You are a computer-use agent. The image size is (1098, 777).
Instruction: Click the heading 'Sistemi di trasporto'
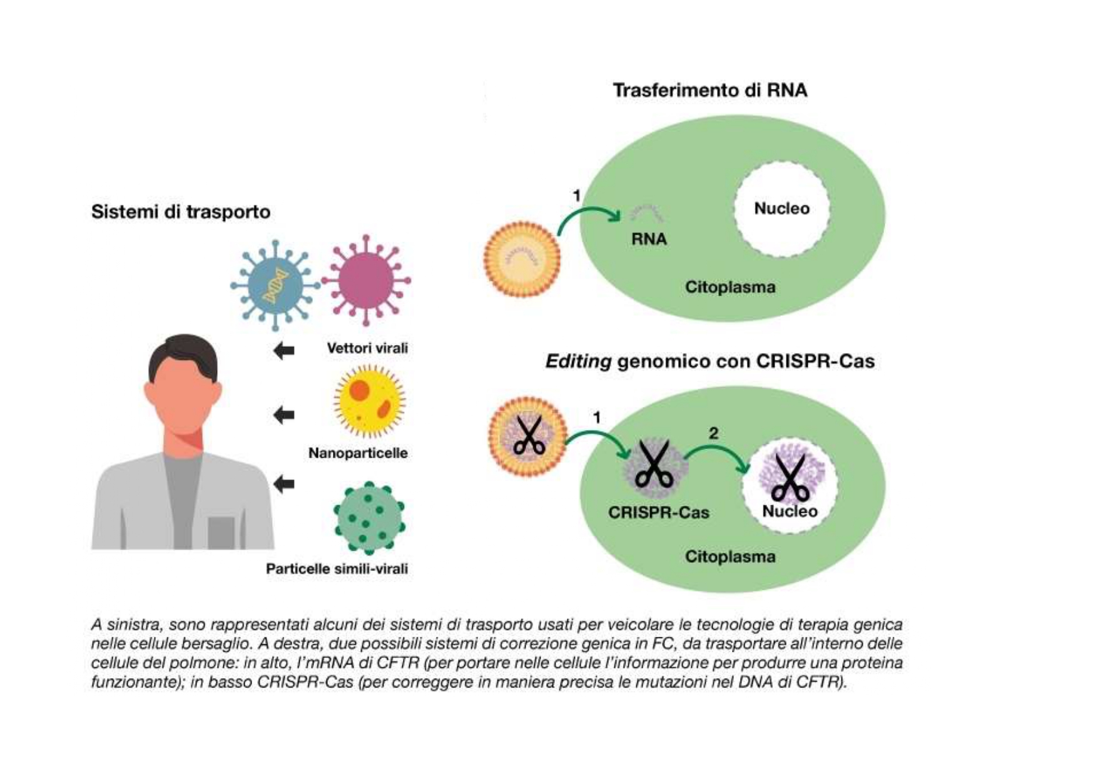click(x=181, y=212)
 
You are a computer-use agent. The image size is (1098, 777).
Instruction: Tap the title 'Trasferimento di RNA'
click(x=709, y=90)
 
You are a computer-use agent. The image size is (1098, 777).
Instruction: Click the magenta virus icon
click(x=366, y=280)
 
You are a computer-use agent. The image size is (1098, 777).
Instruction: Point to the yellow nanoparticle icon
click(x=369, y=401)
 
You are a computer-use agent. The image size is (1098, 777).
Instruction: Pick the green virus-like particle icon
click(x=369, y=518)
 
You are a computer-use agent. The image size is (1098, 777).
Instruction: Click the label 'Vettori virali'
click(x=367, y=348)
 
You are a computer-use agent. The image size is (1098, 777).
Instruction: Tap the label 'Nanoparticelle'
click(x=358, y=453)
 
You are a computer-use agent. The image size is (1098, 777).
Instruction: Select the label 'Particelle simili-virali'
click(x=337, y=569)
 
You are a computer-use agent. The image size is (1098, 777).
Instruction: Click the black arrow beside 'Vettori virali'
click(x=284, y=351)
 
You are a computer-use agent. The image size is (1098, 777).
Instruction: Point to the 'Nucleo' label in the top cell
click(x=781, y=208)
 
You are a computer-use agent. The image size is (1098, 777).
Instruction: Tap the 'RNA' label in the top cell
click(x=649, y=239)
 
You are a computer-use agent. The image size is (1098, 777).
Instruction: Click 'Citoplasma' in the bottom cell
click(x=730, y=557)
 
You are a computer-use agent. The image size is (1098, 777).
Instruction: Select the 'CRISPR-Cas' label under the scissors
click(x=658, y=513)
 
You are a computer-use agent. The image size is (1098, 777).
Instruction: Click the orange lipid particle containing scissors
click(x=527, y=436)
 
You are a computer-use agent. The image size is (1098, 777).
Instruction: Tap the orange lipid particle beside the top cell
click(x=522, y=259)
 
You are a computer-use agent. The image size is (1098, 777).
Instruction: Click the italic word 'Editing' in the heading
click(x=578, y=361)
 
